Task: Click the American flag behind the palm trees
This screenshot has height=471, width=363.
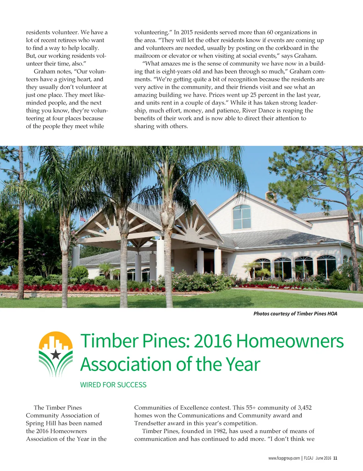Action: click(83, 218)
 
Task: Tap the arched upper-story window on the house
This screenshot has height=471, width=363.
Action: click(242, 217)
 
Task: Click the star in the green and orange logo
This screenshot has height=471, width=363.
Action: click(56, 354)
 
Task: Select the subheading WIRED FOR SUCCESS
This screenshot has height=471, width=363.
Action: click(113, 385)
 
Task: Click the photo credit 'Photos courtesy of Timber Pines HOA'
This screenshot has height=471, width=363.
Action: click(295, 314)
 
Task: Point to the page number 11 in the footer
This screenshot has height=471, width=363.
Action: click(335, 458)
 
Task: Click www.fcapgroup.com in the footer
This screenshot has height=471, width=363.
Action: click(284, 458)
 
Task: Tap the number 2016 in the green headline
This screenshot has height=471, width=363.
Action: click(213, 341)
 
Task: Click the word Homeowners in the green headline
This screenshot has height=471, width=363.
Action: click(290, 341)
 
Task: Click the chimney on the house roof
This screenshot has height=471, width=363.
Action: click(270, 196)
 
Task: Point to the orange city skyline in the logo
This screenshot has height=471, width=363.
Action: click(55, 341)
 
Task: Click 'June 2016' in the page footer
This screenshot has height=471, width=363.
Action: click(323, 458)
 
